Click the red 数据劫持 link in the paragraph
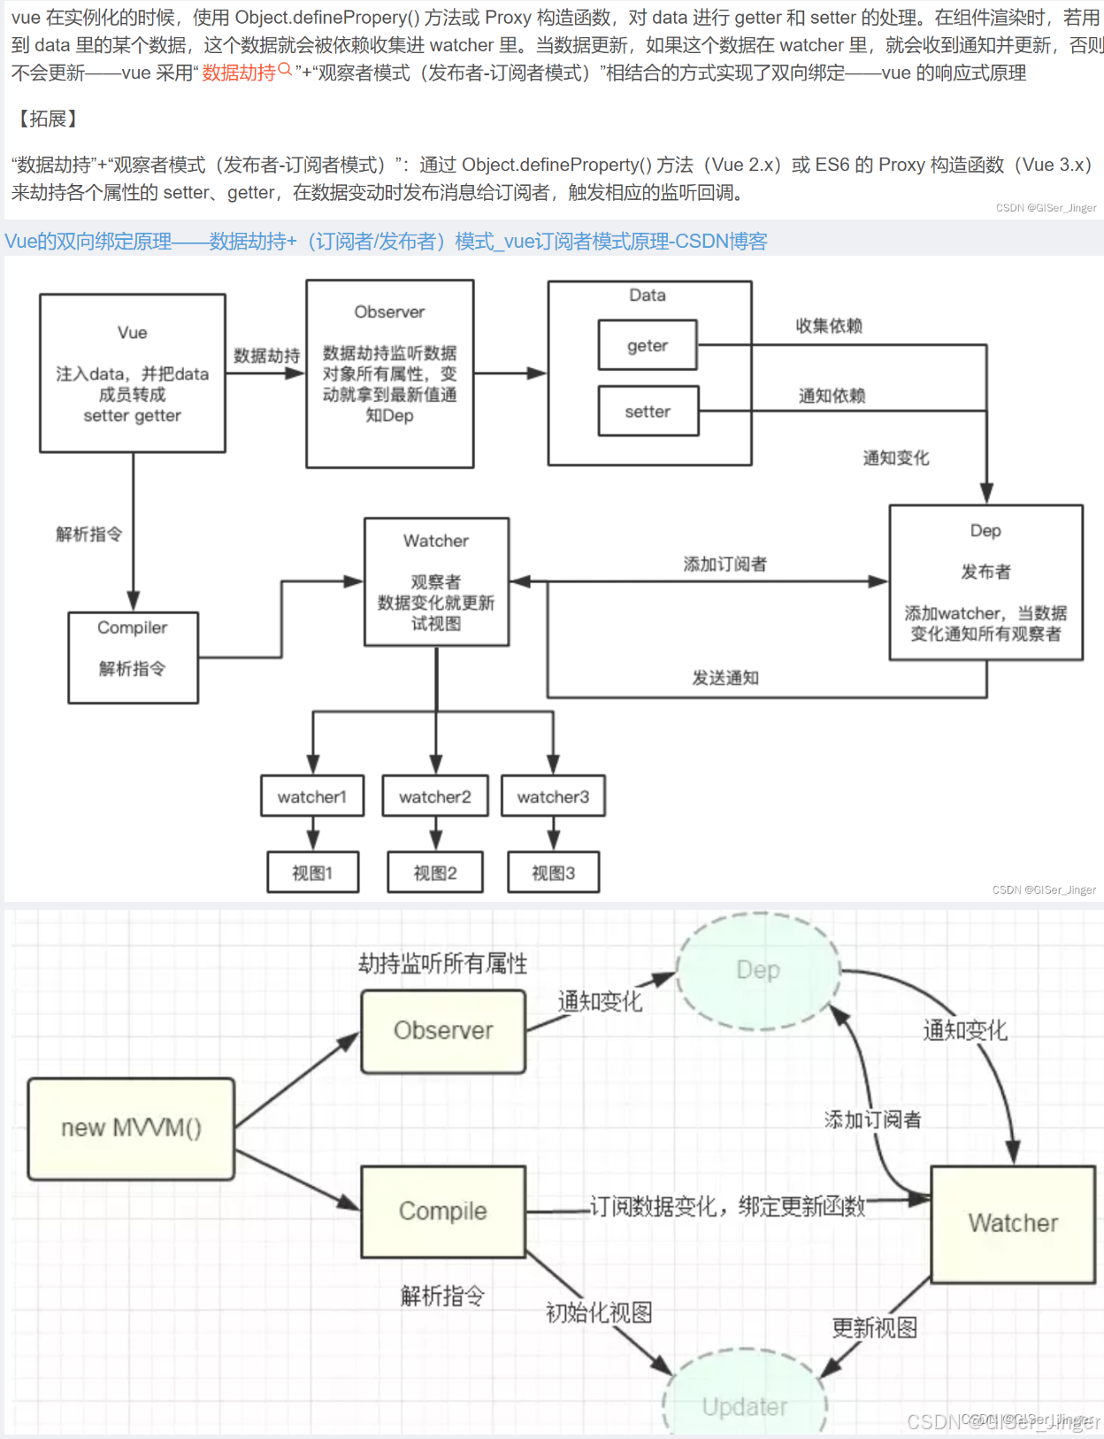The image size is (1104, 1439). pos(240,73)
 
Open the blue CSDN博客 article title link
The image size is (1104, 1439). pos(386,242)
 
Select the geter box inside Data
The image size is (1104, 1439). pos(648,345)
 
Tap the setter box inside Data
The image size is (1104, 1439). pos(648,412)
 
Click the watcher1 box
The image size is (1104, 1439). pos(312,796)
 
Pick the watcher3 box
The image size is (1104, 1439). pos(553,796)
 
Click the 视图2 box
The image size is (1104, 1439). pos(435,873)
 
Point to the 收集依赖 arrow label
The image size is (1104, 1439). pos(829,326)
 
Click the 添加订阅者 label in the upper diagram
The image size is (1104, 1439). pos(724,564)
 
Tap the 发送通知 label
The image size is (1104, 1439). pos(725,678)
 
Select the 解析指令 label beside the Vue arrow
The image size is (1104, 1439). pos(88,534)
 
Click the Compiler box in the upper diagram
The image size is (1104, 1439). pos(133,658)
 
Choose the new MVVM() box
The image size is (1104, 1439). pos(131,1128)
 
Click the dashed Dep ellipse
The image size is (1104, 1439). pos(758,971)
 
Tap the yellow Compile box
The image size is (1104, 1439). pos(443,1211)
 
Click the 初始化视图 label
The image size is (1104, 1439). pos(599,1312)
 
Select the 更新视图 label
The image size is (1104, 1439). pos(874,1327)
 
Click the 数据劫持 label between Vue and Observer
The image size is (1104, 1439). pos(266,356)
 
